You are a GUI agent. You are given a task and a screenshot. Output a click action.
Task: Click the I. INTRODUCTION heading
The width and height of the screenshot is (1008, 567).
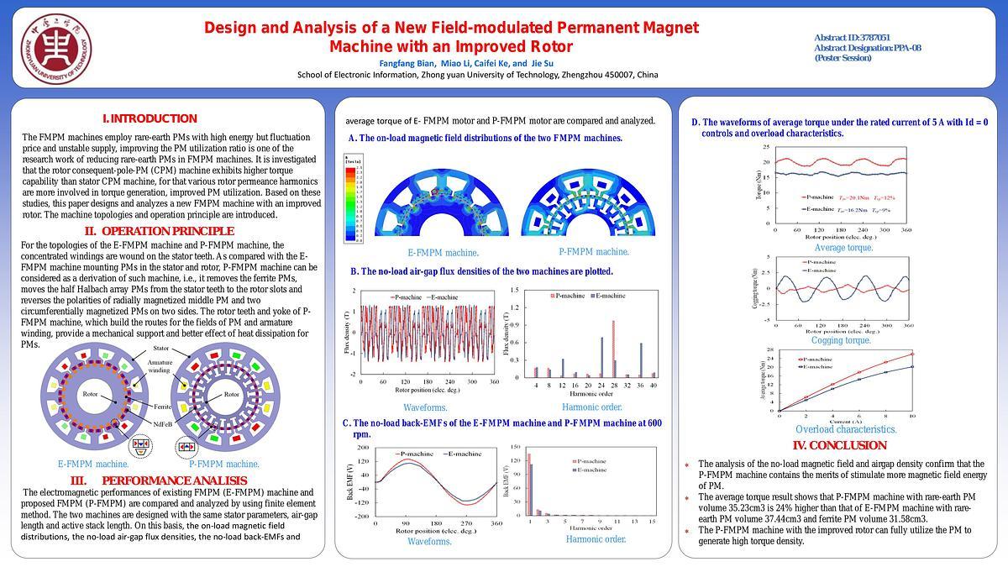tap(150, 118)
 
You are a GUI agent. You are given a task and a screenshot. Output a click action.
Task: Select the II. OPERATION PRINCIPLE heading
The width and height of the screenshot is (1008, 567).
tap(159, 231)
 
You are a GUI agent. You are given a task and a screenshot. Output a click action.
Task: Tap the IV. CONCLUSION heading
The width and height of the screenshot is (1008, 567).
tap(839, 445)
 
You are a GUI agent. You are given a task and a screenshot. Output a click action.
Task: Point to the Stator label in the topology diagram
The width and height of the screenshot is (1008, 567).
tap(160, 348)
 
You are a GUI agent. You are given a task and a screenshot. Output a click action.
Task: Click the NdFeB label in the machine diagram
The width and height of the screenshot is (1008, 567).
tap(162, 423)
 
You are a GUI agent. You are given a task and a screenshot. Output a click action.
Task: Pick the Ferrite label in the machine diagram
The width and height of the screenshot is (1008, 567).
tap(162, 407)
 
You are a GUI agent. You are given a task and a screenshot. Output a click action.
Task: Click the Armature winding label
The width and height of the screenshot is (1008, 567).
tap(160, 365)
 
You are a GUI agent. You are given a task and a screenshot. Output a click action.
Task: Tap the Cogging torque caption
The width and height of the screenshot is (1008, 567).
tap(842, 340)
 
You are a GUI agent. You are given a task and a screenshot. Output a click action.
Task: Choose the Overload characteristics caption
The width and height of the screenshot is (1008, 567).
tap(846, 429)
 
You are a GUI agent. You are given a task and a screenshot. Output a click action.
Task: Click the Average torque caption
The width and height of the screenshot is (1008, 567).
tap(843, 248)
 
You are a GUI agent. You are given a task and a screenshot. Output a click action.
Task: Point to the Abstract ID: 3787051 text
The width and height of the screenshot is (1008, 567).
tap(852, 38)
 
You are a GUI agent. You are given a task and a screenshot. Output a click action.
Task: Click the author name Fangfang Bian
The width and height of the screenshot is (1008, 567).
tap(402, 63)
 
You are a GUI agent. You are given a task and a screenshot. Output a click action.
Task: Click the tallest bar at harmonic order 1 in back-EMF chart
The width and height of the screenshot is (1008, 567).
tap(528, 484)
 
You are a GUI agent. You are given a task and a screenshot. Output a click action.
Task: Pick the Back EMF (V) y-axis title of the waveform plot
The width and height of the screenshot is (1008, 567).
tap(351, 483)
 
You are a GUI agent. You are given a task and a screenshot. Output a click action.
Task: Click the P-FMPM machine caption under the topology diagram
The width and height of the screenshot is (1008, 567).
tap(224, 464)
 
